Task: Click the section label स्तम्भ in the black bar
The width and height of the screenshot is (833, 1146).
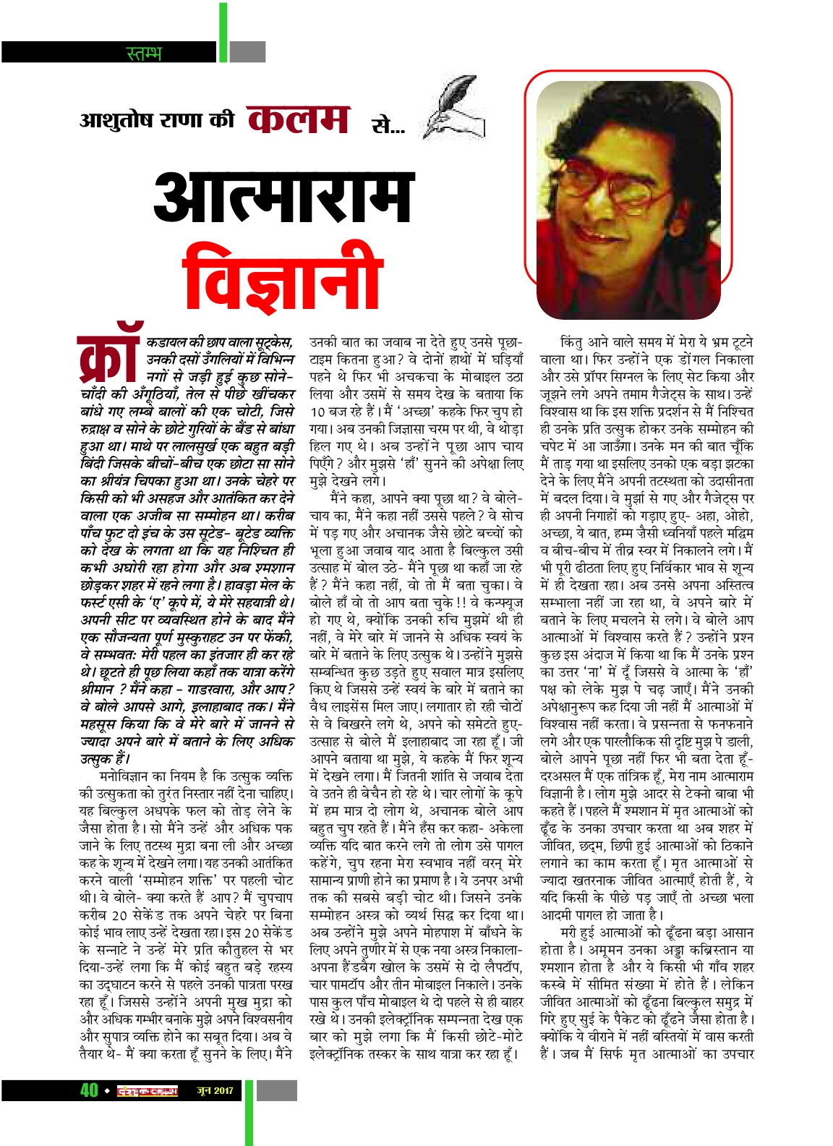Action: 144,53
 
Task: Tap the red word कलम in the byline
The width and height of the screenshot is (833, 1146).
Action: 299,119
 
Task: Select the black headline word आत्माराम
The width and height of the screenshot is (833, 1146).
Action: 283,197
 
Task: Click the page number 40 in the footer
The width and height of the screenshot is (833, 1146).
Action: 89,1090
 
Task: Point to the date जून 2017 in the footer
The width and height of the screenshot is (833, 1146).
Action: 215,1090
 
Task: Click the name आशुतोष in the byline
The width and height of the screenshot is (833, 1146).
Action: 119,119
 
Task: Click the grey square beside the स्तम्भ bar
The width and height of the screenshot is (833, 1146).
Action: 248,52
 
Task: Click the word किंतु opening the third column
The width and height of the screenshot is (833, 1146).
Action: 576,341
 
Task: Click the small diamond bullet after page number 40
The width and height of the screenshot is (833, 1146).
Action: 107,1091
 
